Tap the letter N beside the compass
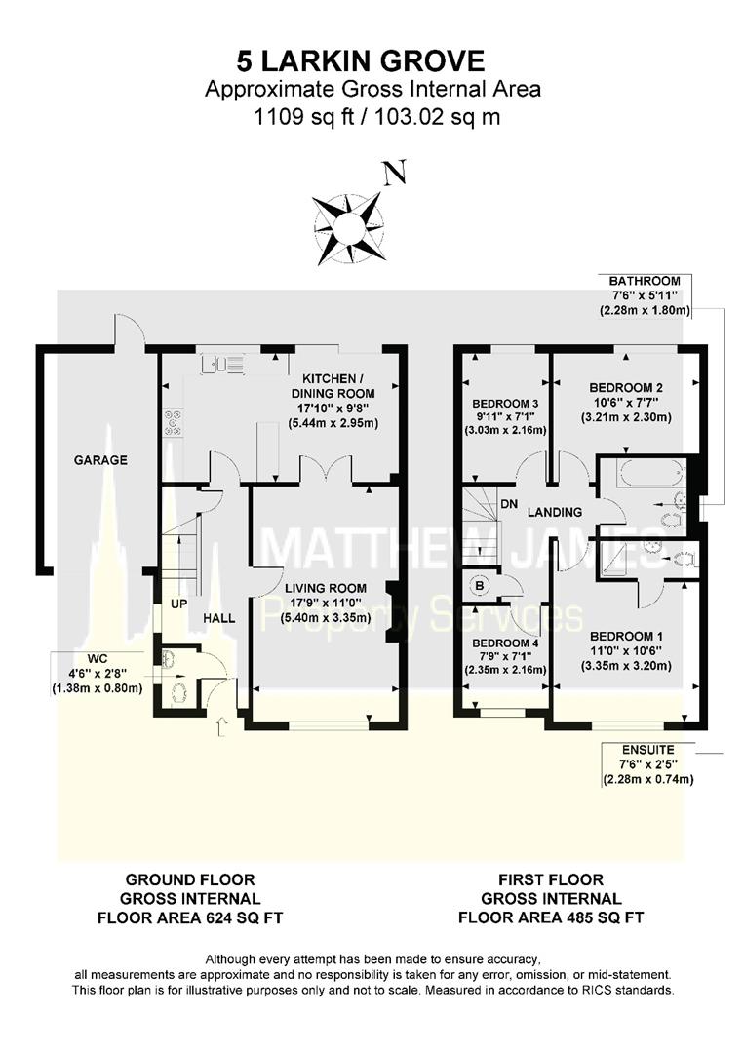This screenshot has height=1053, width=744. (x=394, y=175)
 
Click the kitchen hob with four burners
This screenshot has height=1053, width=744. (x=175, y=420)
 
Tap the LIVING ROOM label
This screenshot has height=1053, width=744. (x=325, y=588)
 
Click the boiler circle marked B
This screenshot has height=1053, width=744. (x=480, y=586)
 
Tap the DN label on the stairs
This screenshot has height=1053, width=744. (x=508, y=504)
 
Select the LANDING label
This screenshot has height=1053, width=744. (x=555, y=512)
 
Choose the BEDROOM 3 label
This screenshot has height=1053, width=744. (x=506, y=404)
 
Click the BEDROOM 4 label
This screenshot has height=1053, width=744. (x=506, y=643)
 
